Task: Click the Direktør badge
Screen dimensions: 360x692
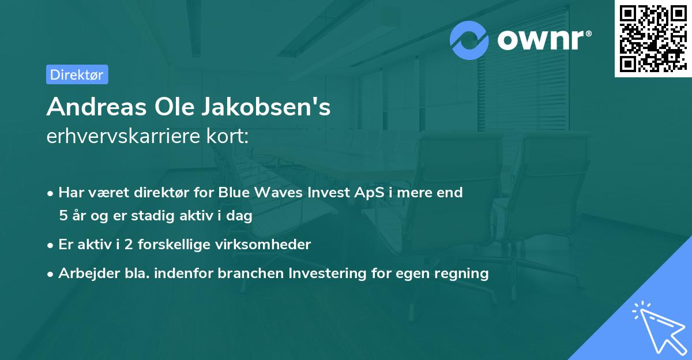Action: pos(77,74)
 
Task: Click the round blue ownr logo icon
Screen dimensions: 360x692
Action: pos(470,40)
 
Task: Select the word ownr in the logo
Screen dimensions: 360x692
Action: pos(541,40)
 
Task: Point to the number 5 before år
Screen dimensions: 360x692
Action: pos(63,216)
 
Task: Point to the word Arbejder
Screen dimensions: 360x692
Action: pos(84,273)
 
